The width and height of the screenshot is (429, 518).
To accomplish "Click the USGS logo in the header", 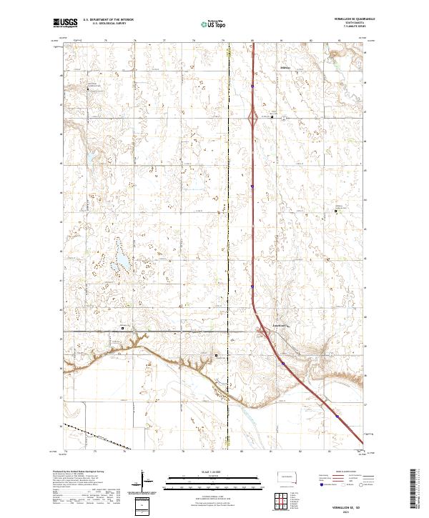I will pyautogui.click(x=65, y=23).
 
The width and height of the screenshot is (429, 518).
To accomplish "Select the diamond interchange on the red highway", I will pyautogui.click(x=253, y=117).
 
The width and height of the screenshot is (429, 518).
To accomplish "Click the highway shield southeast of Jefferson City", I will pyautogui.click(x=284, y=364).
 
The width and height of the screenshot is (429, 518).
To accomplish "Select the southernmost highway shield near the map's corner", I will pyautogui.click(x=336, y=413).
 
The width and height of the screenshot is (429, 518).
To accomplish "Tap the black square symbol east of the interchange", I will pyautogui.click(x=271, y=117).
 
